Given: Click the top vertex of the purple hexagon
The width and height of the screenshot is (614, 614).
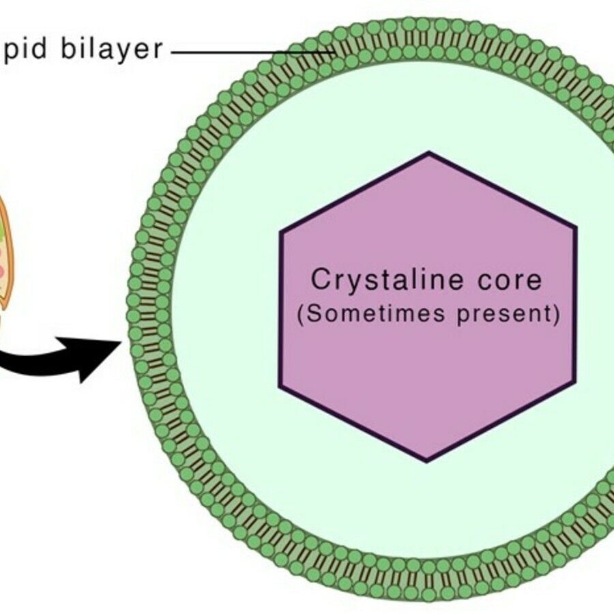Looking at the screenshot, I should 428,153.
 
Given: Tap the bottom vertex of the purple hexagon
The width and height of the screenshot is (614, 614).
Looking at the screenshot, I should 427,460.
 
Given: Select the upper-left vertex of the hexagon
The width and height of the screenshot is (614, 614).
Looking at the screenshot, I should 280,230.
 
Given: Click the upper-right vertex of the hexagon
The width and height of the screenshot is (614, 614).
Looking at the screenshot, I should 575,228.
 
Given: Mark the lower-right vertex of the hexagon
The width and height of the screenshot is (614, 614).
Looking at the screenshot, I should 574,383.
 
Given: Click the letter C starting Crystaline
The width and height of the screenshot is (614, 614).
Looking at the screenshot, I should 320,280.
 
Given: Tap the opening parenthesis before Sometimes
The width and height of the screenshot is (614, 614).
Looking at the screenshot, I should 299,316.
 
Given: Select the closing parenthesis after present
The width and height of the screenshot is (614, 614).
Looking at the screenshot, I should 557,316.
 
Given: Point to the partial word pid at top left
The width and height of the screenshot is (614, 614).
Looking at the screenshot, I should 25,50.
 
